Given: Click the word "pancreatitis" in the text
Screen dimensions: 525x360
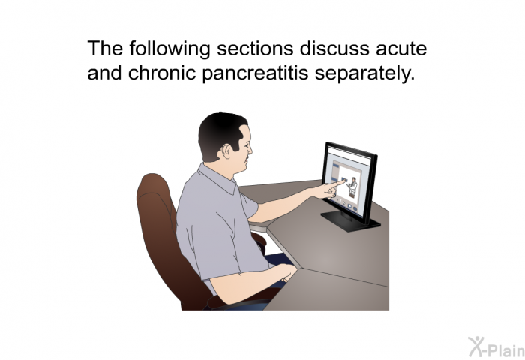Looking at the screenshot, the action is click(255, 73).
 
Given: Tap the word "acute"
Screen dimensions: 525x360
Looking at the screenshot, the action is click(401, 49).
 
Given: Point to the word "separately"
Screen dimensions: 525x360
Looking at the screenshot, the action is click(364, 73).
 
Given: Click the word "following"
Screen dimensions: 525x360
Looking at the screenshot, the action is click(169, 49).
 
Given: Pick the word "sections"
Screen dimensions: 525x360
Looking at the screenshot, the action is click(255, 49).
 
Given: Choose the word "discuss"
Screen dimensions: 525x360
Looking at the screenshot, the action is click(334, 49).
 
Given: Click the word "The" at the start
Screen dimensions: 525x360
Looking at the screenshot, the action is click(105, 48).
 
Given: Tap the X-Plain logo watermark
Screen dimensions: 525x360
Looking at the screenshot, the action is click(496, 346).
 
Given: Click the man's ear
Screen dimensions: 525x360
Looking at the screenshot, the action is click(229, 151).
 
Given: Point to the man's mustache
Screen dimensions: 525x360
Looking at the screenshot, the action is click(247, 157).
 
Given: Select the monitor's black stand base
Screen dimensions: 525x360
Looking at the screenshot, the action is click(350, 221).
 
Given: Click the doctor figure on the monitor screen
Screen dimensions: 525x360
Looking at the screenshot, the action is click(352, 187).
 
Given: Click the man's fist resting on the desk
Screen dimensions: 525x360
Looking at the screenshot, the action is click(287, 273).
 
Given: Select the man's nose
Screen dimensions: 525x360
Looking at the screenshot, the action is click(250, 148).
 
